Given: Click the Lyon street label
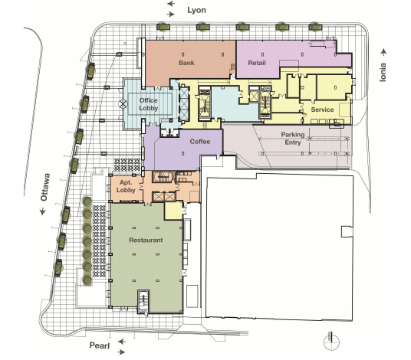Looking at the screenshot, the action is [x=196, y=10].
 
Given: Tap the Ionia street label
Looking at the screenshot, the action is [x=383, y=72].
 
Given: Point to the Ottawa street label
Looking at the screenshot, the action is [x=45, y=187].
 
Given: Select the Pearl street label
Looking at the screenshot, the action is [x=100, y=345].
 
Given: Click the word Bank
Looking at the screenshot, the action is [x=186, y=63].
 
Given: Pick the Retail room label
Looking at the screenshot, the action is [x=257, y=63].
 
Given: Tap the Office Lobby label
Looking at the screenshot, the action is [x=148, y=104].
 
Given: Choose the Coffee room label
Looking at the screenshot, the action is [x=200, y=142].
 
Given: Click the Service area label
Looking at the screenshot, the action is [x=322, y=110].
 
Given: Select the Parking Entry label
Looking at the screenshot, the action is [x=293, y=139].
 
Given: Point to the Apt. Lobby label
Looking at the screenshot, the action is [x=126, y=186].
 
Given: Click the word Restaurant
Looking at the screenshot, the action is [x=146, y=240].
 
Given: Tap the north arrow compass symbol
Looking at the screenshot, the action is [x=331, y=341].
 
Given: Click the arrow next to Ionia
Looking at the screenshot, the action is [x=383, y=52].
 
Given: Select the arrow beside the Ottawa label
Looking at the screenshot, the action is [x=43, y=211].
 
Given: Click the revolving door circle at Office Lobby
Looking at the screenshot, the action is [x=123, y=104].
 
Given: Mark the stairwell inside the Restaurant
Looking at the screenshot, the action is [x=143, y=302].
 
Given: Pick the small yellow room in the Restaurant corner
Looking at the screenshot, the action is [x=173, y=211].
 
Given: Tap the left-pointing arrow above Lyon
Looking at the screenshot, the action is [x=171, y=4].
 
